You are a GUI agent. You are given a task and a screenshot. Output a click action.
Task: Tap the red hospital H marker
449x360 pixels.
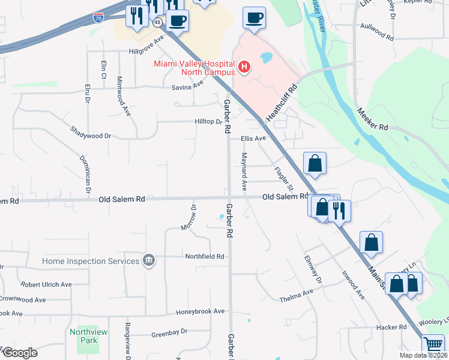coord(244,67)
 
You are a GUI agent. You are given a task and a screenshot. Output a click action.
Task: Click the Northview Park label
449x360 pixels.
coord(88,336)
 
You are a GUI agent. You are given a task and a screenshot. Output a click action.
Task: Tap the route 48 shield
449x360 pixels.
coord(157,22)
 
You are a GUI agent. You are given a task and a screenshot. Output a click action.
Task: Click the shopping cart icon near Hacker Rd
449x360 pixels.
coord(433,344)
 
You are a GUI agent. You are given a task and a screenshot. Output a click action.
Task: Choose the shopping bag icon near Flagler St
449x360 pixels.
coord(315,163)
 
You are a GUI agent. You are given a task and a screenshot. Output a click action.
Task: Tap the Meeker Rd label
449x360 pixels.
coord(373,119)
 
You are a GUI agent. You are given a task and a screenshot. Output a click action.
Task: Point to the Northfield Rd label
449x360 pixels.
coord(204,256)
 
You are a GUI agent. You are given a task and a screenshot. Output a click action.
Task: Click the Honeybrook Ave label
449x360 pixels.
coord(200,311)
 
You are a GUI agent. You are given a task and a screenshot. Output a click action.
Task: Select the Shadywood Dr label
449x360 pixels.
coord(91,132)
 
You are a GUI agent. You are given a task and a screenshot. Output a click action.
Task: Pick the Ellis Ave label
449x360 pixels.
coord(253,139)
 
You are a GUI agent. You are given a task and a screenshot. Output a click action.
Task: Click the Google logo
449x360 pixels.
coord(20,352)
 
